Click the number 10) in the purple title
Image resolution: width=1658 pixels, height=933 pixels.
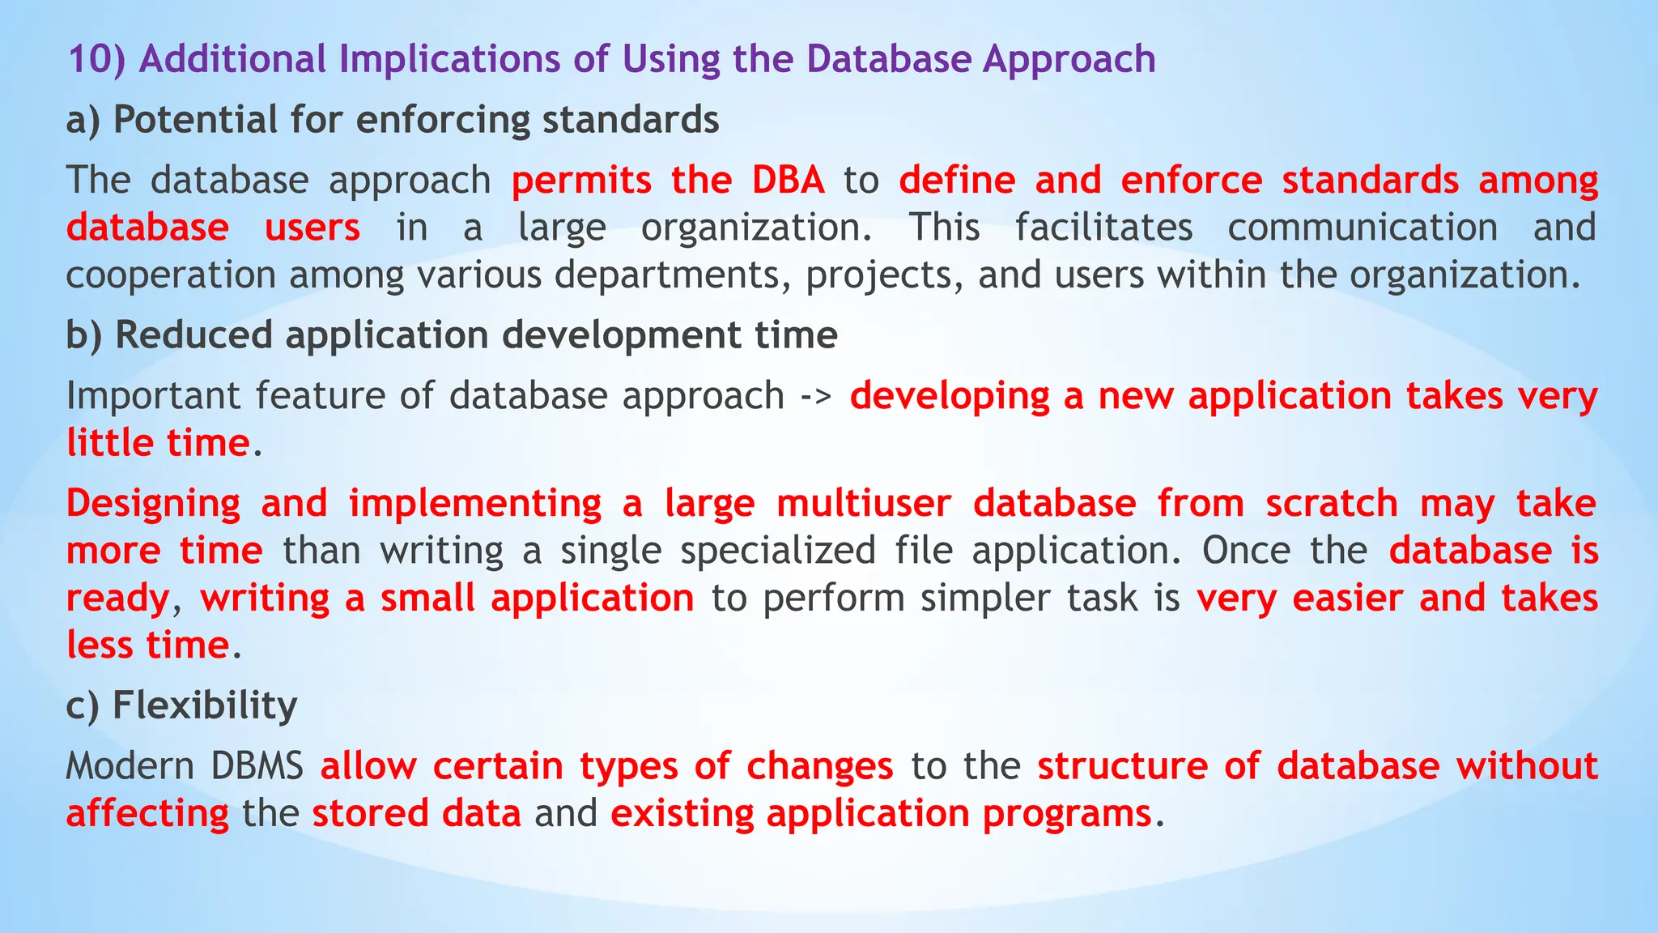96,59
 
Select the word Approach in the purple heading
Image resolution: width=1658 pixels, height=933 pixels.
1069,59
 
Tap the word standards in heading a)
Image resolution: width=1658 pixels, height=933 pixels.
630,120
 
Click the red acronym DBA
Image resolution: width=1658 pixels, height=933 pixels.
788,180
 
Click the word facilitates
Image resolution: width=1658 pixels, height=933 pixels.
1103,228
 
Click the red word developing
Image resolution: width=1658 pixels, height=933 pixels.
950,396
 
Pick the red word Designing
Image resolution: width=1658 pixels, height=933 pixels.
153,503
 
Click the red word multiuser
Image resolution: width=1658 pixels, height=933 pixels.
863,503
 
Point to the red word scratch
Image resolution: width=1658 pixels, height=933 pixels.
1332,503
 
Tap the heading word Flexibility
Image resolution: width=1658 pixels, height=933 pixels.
205,705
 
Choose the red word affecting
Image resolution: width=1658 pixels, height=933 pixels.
147,813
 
